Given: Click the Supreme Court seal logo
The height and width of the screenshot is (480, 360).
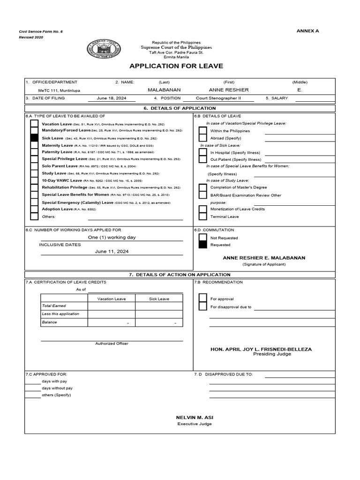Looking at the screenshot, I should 104,49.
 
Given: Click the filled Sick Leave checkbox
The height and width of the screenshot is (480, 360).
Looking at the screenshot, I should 34,138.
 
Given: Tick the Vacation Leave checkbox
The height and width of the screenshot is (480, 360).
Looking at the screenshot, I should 34,124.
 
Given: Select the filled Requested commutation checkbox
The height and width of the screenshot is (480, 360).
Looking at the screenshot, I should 202,245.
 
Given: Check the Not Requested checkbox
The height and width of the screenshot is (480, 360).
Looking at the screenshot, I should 202,238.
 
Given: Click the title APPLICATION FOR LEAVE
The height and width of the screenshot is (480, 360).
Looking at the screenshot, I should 176,66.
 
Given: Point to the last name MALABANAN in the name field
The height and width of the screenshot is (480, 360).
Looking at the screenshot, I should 164,90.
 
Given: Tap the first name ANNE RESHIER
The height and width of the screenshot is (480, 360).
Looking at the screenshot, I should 229,90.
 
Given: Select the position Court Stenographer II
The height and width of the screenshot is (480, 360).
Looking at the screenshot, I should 218,98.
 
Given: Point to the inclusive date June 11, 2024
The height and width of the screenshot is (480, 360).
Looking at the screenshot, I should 112,251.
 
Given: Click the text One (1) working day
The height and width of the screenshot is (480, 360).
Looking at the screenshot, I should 112,237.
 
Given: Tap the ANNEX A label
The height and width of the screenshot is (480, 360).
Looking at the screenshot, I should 307,31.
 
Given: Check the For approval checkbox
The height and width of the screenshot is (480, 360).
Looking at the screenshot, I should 202,299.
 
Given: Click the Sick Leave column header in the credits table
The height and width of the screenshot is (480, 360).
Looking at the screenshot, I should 159,299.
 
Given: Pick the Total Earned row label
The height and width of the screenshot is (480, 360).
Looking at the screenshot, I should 54,306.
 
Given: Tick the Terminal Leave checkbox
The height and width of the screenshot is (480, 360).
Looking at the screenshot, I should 202,217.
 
